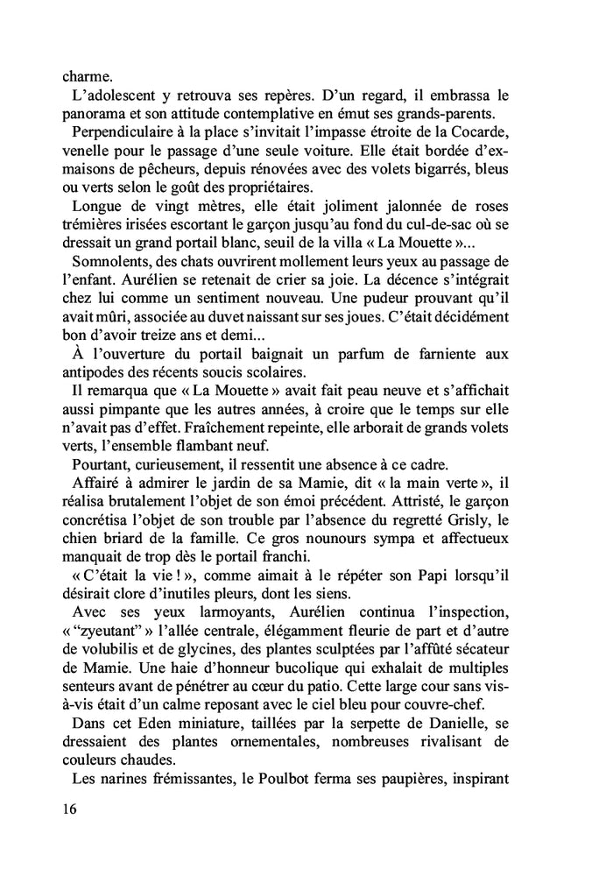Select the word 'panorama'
tap(102, 115)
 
